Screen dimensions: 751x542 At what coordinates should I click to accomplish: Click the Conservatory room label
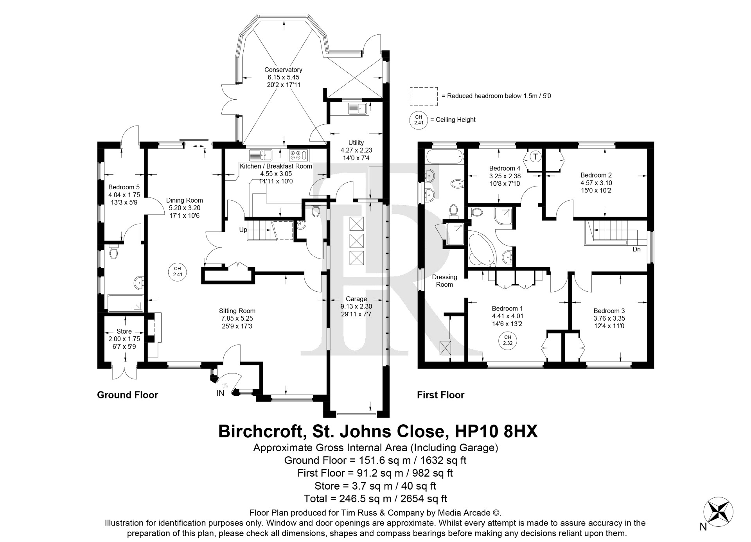[283, 70]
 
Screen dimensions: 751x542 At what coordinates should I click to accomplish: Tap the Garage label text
[356, 299]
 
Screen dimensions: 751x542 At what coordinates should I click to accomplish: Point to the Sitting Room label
[237, 311]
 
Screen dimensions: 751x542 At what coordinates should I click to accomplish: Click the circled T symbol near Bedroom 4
[536, 156]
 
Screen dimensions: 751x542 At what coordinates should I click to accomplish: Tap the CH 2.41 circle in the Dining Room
[178, 271]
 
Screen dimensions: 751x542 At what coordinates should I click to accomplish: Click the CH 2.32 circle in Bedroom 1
[508, 340]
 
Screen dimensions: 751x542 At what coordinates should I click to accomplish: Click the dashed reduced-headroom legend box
[424, 96]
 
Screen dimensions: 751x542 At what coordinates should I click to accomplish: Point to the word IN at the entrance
[221, 393]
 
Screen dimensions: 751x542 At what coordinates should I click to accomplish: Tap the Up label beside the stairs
[243, 230]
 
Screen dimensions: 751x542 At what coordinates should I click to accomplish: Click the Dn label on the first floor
[636, 249]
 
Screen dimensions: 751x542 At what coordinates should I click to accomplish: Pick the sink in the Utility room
[356, 108]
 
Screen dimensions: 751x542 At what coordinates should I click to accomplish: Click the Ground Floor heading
[128, 395]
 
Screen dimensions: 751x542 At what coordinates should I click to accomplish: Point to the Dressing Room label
[444, 280]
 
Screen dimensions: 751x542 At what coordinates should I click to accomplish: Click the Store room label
[124, 331]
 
